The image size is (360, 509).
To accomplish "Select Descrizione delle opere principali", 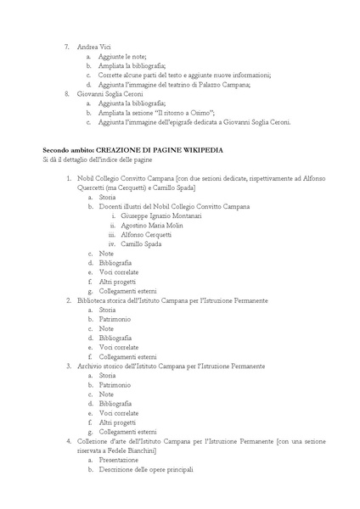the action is [x=146, y=470].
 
